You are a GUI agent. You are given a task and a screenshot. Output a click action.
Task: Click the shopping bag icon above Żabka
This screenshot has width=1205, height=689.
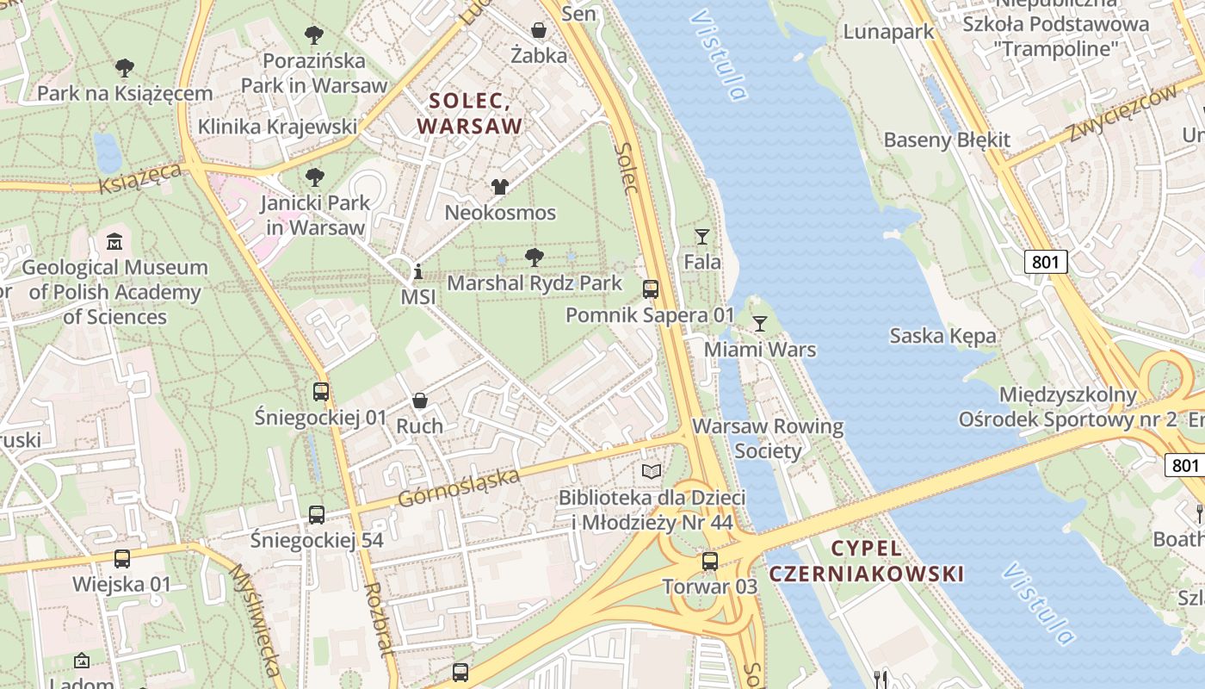[539, 31]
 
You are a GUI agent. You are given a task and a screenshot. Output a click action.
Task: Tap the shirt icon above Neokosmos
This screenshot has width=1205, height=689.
[499, 187]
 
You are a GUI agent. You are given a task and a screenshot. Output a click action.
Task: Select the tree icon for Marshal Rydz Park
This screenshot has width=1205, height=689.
[534, 257]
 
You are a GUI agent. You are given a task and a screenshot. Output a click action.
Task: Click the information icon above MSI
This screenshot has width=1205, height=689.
[418, 272]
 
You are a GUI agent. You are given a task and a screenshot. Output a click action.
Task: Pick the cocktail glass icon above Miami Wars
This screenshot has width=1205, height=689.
[759, 325]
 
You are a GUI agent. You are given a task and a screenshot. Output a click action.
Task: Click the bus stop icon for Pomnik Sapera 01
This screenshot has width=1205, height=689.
[651, 289]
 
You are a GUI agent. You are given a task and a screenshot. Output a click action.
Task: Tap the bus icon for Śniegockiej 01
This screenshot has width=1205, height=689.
[321, 392]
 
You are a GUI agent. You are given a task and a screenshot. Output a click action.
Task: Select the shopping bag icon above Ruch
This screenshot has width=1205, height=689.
[419, 400]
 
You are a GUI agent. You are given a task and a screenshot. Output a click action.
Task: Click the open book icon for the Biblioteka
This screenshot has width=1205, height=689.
[652, 472]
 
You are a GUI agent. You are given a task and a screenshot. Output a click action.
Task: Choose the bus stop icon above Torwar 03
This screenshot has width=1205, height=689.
[709, 562]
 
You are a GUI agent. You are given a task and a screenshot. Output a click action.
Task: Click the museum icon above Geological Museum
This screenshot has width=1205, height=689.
[114, 242]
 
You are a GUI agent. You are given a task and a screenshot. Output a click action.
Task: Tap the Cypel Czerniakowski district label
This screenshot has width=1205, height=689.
[866, 561]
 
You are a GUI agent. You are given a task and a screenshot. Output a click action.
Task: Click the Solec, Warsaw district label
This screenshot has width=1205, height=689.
[470, 113]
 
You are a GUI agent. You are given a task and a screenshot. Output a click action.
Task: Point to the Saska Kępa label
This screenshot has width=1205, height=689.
[942, 336]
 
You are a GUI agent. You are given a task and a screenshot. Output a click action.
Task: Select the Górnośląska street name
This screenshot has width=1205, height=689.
[459, 488]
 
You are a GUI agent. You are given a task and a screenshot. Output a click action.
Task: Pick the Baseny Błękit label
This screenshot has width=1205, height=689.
[947, 140]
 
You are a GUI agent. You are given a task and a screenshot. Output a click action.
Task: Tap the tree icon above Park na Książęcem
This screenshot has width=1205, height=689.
[125, 68]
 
